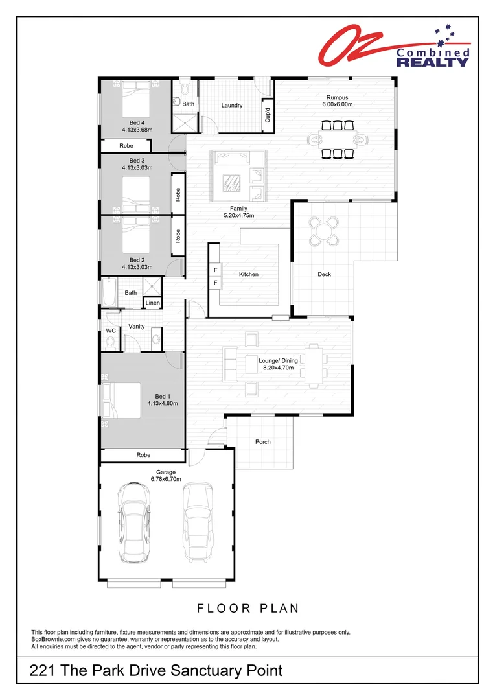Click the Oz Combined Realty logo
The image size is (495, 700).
pos(393,46)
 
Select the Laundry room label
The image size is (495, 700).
pos(231,106)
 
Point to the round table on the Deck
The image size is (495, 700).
pos(324,231)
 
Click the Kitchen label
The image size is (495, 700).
pos(248,274)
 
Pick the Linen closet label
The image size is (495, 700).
pos(153,303)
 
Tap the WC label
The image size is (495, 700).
pos(110,331)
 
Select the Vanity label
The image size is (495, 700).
pos(137,327)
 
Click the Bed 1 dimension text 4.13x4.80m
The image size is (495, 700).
pos(162,402)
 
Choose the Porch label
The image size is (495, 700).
pos(263,442)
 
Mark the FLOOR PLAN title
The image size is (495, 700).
pos(247,608)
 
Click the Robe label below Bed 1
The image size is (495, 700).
pos(143,456)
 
